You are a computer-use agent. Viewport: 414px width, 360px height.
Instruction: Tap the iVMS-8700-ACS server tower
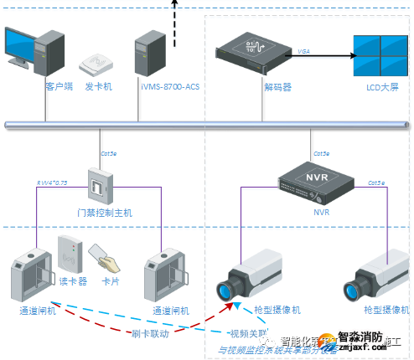coord(150,52)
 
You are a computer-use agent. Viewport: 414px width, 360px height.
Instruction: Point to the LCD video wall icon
coord(382,56)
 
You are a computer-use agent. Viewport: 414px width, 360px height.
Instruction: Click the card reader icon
coord(70,253)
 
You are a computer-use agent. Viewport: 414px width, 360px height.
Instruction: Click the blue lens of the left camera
coord(225,292)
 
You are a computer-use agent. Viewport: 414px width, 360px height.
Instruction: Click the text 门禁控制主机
coord(101,213)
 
